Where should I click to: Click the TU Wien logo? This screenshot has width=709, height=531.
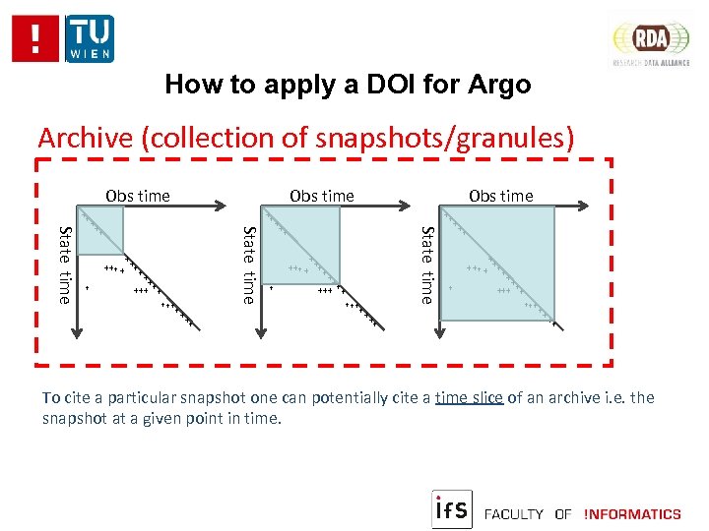pyautogui.click(x=90, y=38)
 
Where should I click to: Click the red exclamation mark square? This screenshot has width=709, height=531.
pyautogui.click(x=35, y=38)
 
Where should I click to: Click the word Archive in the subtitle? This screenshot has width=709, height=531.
pyautogui.click(x=86, y=138)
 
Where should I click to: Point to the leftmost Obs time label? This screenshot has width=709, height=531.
pyautogui.click(x=138, y=196)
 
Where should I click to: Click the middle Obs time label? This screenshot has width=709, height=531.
pyautogui.click(x=321, y=196)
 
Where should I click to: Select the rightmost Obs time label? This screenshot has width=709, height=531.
pyautogui.click(x=500, y=196)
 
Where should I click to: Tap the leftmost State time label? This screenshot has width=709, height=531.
pyautogui.click(x=65, y=265)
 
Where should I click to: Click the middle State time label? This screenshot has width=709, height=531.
pyautogui.click(x=249, y=265)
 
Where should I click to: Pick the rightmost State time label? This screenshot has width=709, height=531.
pyautogui.click(x=427, y=265)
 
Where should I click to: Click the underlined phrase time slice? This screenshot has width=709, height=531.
pyautogui.click(x=469, y=398)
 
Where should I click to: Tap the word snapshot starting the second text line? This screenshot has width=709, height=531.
pyautogui.click(x=75, y=419)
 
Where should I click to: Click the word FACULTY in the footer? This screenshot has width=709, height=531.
pyautogui.click(x=515, y=513)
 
